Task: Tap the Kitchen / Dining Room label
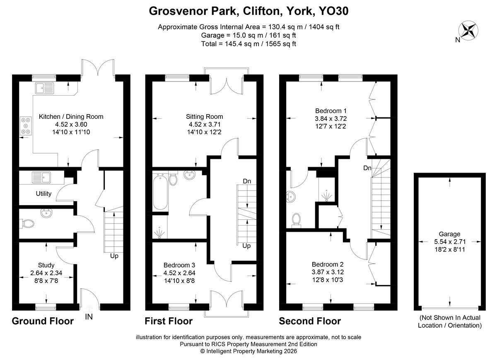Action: click(x=71, y=117)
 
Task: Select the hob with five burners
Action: click(x=26, y=126)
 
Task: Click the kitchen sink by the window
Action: click(x=44, y=88)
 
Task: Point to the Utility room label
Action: click(x=43, y=194)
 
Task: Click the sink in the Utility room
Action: click(x=41, y=178)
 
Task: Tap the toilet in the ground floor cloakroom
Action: click(x=27, y=223)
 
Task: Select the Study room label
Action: click(x=46, y=265)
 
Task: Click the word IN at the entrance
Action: click(x=89, y=317)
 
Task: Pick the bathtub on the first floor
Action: click(x=160, y=192)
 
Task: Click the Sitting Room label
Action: click(x=204, y=117)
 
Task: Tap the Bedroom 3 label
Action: click(x=179, y=265)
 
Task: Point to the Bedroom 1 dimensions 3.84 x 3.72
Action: click(x=331, y=119)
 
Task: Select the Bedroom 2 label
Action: click(x=328, y=264)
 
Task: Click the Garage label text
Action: click(x=449, y=234)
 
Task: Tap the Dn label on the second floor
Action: click(x=367, y=168)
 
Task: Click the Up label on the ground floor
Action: click(x=114, y=256)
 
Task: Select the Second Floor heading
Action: click(x=310, y=321)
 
